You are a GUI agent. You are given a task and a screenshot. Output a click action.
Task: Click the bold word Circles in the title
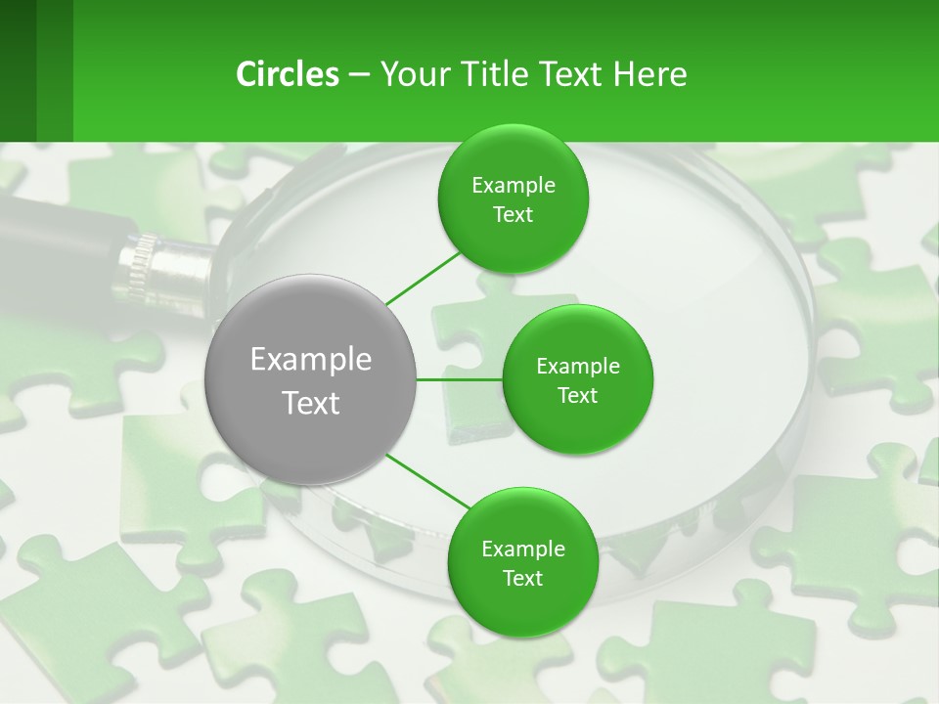287,73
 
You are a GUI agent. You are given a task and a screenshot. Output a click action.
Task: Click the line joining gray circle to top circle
423,277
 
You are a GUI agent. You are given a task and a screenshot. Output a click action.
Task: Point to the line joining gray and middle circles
460,378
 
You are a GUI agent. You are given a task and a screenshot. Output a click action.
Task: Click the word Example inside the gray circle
310,360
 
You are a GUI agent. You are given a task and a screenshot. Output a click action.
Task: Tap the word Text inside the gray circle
310,403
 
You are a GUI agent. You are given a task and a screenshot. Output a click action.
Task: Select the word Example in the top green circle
513,185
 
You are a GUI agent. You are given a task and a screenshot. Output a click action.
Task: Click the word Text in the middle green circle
577,395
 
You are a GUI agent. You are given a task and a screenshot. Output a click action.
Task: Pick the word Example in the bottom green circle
522,549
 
